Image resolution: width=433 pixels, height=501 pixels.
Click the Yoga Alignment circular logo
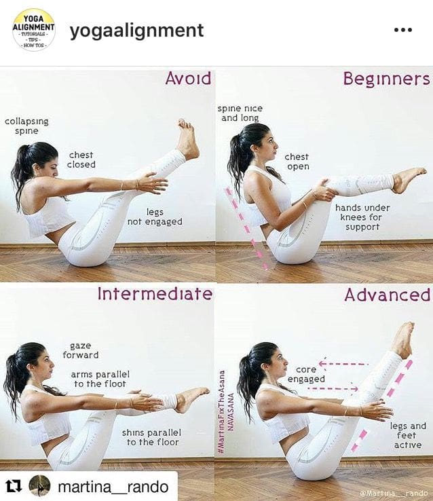click(34, 30)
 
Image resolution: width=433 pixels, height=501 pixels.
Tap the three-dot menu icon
click(403, 30)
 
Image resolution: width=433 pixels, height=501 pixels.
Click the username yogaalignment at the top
click(136, 31)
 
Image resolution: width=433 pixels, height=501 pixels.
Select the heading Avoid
click(189, 79)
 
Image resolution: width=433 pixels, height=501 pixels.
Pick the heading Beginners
click(386, 79)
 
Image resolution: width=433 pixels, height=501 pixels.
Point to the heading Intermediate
click(155, 294)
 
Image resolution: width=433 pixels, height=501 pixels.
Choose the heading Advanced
click(388, 295)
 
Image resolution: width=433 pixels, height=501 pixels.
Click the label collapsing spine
click(27, 126)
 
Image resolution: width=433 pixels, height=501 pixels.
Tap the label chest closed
click(81, 160)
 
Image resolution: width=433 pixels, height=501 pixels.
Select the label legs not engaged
click(155, 217)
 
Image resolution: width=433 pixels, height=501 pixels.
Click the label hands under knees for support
click(362, 217)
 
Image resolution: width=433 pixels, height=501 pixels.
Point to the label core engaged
click(306, 374)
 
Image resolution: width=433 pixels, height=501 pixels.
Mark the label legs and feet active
click(408, 435)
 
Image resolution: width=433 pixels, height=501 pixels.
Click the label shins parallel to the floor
click(151, 437)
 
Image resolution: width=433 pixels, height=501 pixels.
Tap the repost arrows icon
click(14, 485)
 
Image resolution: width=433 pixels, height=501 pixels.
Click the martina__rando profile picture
click(39, 485)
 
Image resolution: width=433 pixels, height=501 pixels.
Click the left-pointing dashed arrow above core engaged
click(343, 364)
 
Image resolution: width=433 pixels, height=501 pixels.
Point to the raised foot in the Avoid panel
click(188, 139)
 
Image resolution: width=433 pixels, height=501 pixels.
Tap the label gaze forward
click(81, 350)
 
